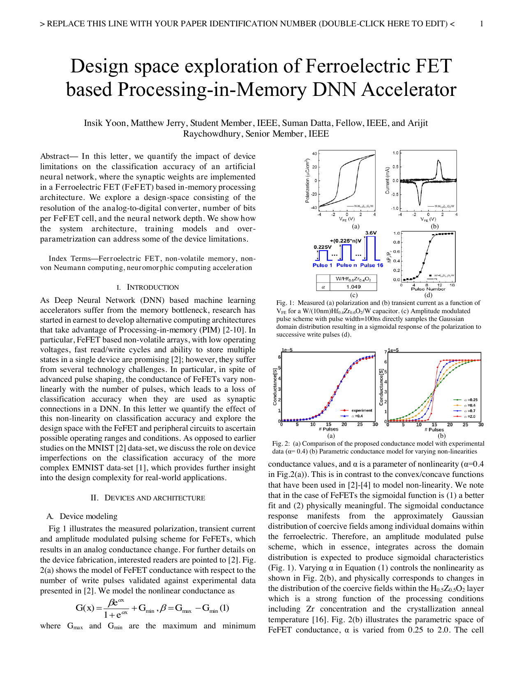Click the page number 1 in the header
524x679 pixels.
[481, 23]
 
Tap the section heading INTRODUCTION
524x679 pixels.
[152, 287]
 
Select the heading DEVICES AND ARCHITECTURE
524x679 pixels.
[155, 498]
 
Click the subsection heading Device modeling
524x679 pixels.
[88, 516]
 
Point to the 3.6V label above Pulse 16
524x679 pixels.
[371, 233]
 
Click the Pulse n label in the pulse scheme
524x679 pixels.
[346, 265]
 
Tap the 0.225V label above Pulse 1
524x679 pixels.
[323, 247]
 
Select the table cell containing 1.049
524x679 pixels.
[353, 287]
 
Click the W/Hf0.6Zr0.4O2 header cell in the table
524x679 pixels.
[353, 279]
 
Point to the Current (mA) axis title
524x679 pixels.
[387, 180]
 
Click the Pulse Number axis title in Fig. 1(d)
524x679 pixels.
[428, 289]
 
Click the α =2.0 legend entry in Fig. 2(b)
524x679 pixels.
[470, 416]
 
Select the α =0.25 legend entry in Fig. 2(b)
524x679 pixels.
[470, 400]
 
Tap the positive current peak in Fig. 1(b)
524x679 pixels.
[439, 163]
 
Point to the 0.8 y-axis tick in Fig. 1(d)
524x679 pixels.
[396, 242]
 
